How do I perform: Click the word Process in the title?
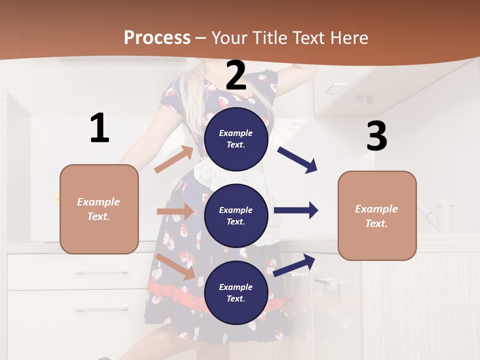(x=157, y=38)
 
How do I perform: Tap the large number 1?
(x=99, y=128)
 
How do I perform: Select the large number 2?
(x=236, y=76)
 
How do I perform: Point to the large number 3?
(x=376, y=136)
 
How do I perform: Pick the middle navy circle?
(x=236, y=215)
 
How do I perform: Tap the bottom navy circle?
(x=236, y=292)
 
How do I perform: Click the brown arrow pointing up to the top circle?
(x=173, y=159)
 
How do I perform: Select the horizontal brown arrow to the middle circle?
(x=175, y=211)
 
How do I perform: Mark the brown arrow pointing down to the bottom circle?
(x=175, y=266)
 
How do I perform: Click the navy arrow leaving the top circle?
(x=297, y=160)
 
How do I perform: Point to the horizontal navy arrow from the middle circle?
(x=295, y=210)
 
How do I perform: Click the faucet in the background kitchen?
(x=435, y=210)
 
